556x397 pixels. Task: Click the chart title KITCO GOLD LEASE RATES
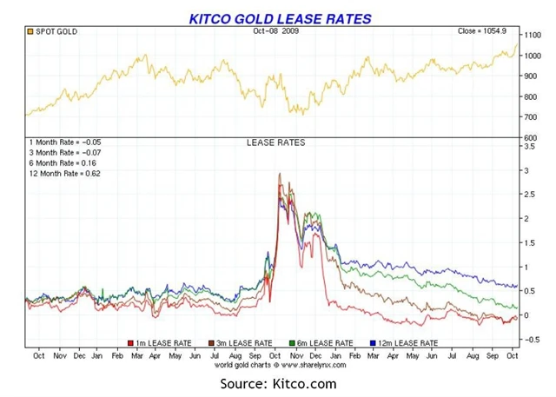coord(280,18)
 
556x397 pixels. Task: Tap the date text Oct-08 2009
coord(277,32)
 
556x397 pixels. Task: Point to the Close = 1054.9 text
coord(486,32)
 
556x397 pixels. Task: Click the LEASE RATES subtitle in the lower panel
coord(276,142)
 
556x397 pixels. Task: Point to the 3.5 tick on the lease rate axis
coord(527,147)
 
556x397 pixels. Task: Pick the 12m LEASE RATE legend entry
coord(405,343)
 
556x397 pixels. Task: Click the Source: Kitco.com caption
coord(277,383)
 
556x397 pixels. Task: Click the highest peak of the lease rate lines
coord(279,174)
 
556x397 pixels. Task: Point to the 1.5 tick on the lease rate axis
coord(527,243)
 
